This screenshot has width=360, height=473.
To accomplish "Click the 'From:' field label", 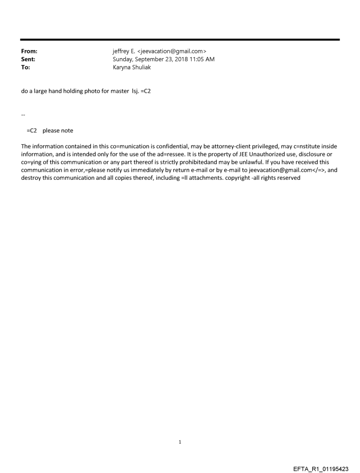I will tap(29, 52).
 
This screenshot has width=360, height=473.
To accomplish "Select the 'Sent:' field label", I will tap(28, 60).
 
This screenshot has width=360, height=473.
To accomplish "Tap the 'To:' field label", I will tap(26, 67).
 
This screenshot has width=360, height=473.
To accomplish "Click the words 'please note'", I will tap(58, 130).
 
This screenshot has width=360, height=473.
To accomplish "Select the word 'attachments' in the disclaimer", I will tap(205, 178).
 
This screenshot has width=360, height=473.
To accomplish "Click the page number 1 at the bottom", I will tap(180, 442).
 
